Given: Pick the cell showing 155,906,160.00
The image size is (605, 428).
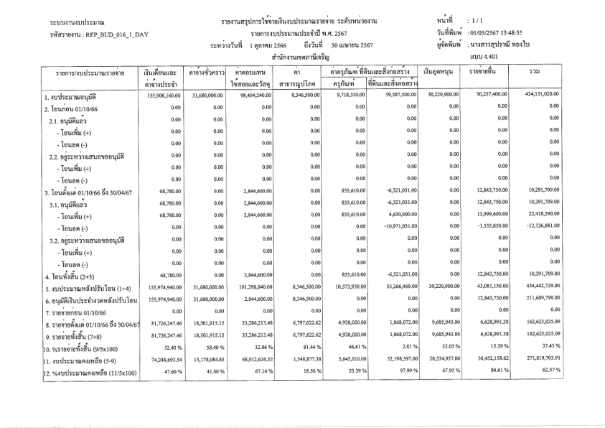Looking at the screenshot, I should [161, 94].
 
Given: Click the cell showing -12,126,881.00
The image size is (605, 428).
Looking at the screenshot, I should [561, 225].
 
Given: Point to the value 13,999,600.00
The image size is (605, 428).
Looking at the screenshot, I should [491, 213].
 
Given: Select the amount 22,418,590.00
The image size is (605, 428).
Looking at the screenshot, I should [563, 213].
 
